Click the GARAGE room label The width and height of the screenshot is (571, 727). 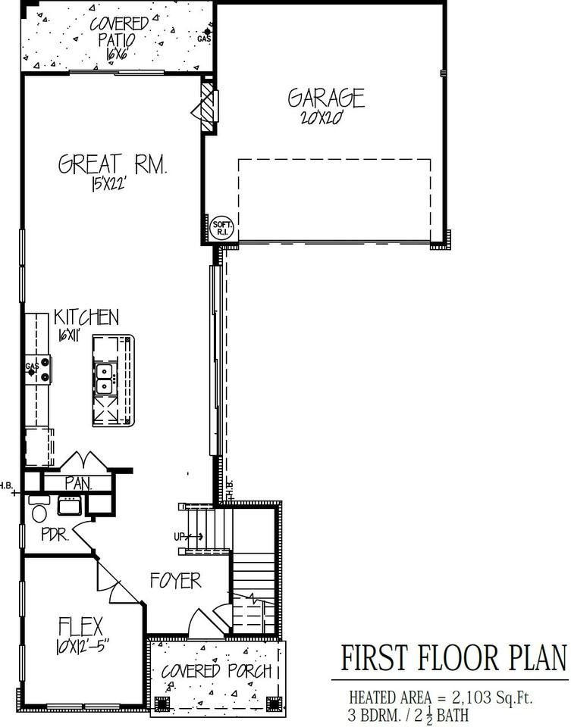[x=326, y=98]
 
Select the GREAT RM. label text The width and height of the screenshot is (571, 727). [x=113, y=164]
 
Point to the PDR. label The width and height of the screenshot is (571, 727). [x=55, y=535]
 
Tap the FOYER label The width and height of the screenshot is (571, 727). [x=174, y=581]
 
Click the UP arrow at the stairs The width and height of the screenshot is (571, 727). [x=187, y=536]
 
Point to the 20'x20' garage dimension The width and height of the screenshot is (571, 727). [x=324, y=118]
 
